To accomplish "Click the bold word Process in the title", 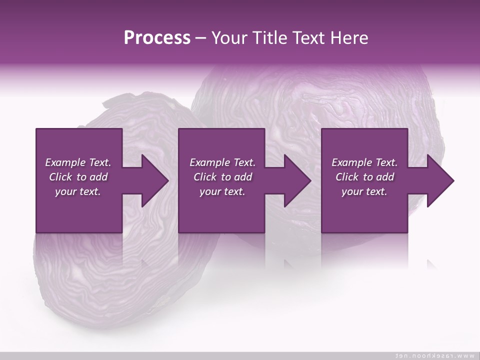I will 157,38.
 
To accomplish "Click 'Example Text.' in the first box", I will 78,162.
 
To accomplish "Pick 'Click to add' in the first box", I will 78,177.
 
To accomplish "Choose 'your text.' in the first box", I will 78,191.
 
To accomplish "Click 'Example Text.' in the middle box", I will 222,162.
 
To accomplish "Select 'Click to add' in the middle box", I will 222,177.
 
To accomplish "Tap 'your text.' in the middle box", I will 222,191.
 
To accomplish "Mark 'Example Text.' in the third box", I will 364,162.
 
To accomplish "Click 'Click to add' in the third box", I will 364,177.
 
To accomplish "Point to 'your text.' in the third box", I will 364,191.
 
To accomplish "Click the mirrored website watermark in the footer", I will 434,355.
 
